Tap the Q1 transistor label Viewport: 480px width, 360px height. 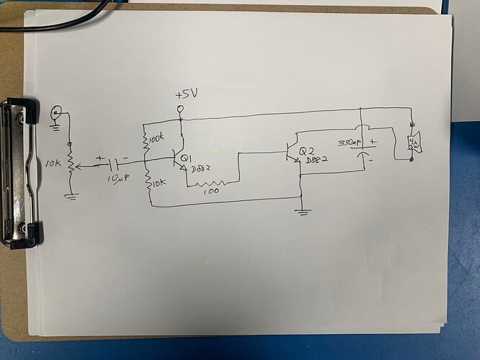[186, 158]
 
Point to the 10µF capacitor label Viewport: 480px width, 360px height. [117, 178]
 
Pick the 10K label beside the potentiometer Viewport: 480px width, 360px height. [53, 164]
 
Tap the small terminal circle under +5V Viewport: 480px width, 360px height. [180, 109]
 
